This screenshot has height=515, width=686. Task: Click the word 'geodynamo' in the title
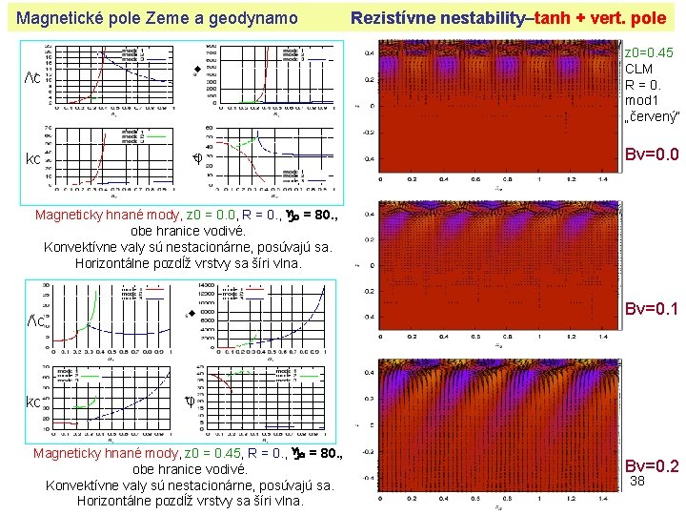coord(253,18)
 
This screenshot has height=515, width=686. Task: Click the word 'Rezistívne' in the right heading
coord(393,18)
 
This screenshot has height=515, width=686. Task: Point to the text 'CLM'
coord(638,69)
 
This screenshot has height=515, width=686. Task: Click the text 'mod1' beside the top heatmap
coord(641,99)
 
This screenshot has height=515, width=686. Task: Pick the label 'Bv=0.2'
coord(652,466)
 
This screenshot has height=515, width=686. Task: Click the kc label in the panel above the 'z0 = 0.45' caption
coord(31,402)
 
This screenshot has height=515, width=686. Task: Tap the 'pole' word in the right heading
coord(649,18)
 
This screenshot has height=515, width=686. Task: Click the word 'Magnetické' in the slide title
coord(61,18)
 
